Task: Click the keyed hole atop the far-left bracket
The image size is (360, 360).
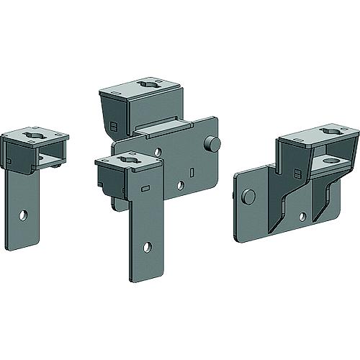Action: pos(35,135)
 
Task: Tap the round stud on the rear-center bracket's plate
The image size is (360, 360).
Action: pos(212,143)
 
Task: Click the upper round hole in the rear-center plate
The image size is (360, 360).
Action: pos(158,153)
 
